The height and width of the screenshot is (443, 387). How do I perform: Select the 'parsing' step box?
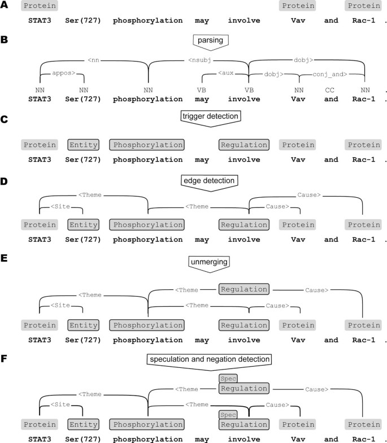[209, 40]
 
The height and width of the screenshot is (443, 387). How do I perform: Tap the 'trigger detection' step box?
[209, 116]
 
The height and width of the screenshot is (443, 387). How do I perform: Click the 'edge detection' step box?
[209, 180]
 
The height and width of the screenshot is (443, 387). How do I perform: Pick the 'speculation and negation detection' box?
[209, 359]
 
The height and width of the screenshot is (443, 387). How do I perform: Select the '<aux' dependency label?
[226, 73]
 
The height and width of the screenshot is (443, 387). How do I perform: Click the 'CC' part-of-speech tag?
[331, 90]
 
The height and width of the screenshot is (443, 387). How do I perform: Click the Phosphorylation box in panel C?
[147, 145]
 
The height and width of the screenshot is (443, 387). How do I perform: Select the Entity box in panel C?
[83, 145]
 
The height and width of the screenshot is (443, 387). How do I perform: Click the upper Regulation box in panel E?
[244, 289]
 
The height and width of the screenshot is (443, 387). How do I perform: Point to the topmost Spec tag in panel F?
[228, 378]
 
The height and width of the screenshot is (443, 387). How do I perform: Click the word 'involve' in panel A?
[244, 21]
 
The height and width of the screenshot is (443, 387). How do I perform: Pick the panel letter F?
[5, 359]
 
